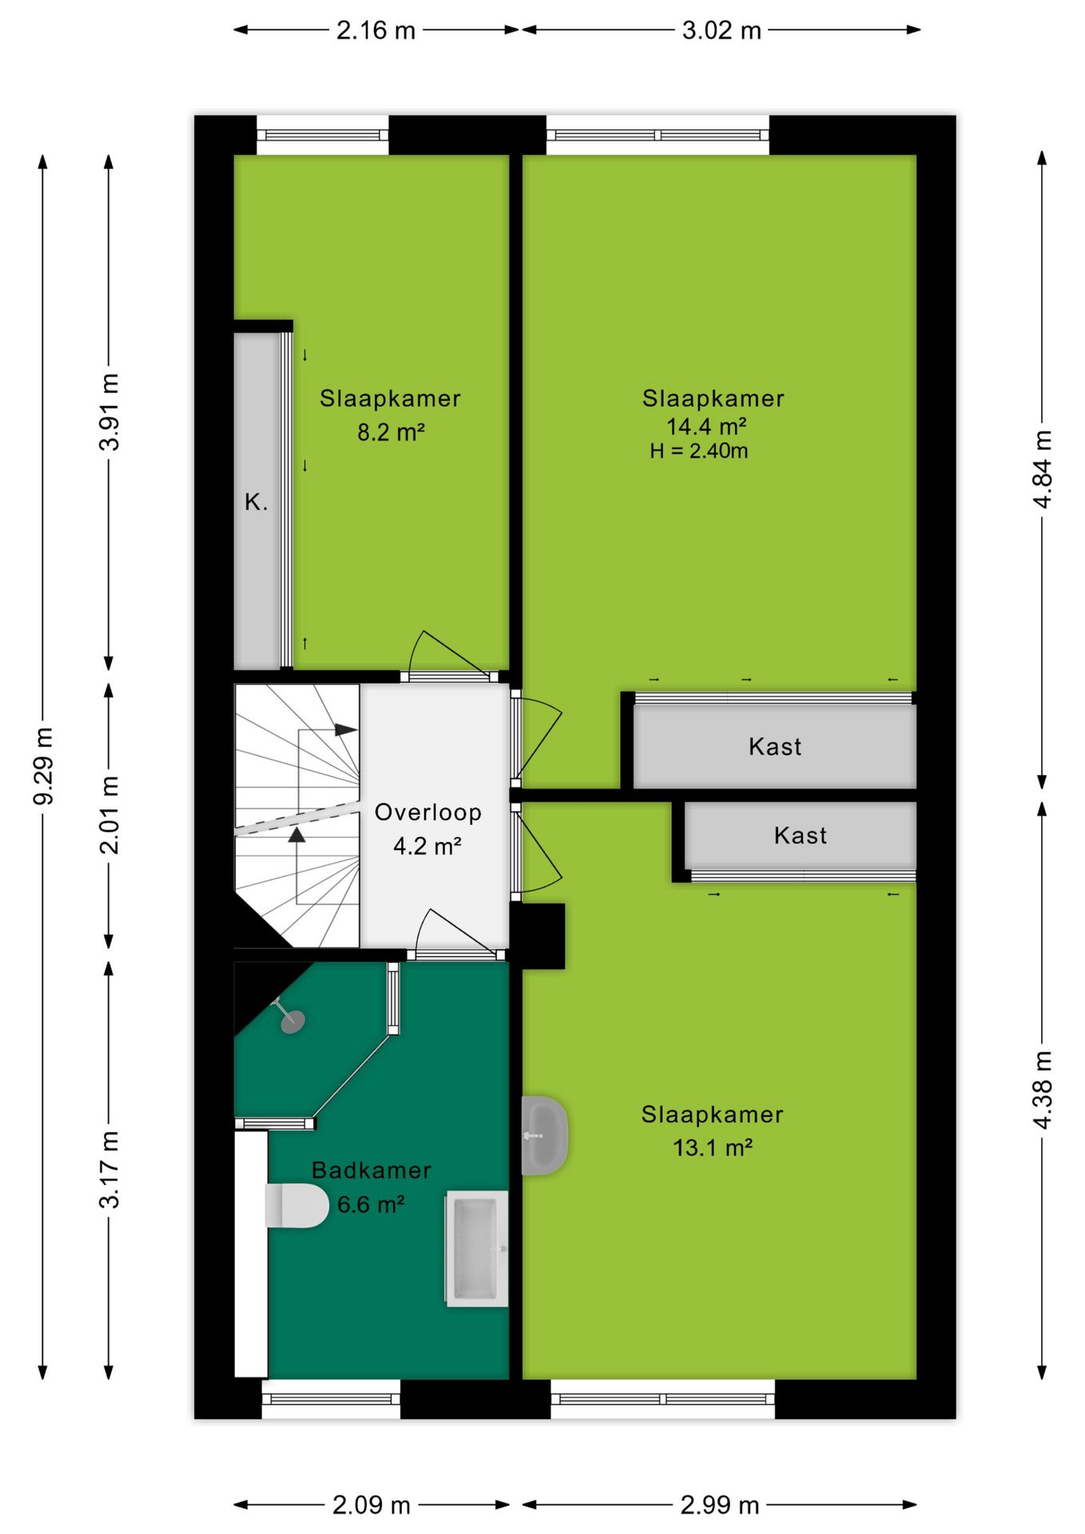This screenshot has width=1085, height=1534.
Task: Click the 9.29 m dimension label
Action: pyautogui.click(x=43, y=766)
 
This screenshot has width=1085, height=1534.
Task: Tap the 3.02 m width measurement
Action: pyautogui.click(x=721, y=30)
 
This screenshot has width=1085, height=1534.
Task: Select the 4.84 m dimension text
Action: pyautogui.click(x=1043, y=468)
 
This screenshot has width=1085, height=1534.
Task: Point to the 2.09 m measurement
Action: pyautogui.click(x=372, y=1505)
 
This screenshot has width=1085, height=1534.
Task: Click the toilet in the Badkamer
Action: pyautogui.click(x=296, y=1206)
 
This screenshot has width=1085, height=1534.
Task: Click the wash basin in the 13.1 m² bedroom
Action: pyautogui.click(x=544, y=1135)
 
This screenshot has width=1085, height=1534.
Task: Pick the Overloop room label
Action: pyautogui.click(x=428, y=813)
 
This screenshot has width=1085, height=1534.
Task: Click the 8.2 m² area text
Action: pyautogui.click(x=391, y=432)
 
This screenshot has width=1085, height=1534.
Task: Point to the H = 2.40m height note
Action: pyautogui.click(x=699, y=451)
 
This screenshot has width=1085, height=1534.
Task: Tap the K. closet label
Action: pyautogui.click(x=256, y=503)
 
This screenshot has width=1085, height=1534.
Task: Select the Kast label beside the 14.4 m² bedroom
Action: pyautogui.click(x=775, y=747)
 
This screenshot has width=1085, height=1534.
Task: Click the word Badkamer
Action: pyautogui.click(x=372, y=1170)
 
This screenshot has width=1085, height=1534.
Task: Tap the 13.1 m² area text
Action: pyautogui.click(x=713, y=1148)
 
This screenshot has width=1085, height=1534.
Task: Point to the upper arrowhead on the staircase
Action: pyautogui.click(x=346, y=729)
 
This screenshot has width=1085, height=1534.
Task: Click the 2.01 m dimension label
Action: pyautogui.click(x=109, y=815)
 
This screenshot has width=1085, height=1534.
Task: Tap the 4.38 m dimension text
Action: pyautogui.click(x=1043, y=1091)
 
